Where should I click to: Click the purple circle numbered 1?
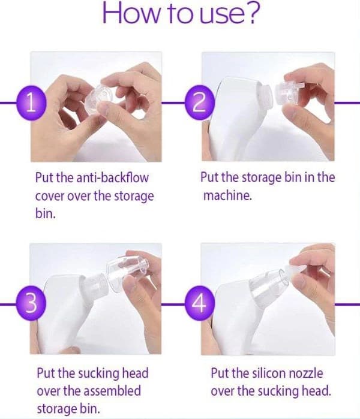tap(32, 103)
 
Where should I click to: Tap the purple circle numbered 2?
tap(200, 103)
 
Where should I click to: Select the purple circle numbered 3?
tap(31, 303)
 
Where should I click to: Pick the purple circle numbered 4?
tap(200, 303)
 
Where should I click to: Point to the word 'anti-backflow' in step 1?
tap(112, 177)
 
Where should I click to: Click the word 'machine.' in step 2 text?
tap(227, 195)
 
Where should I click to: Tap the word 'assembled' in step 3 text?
tap(112, 391)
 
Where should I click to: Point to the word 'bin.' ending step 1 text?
tap(46, 213)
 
